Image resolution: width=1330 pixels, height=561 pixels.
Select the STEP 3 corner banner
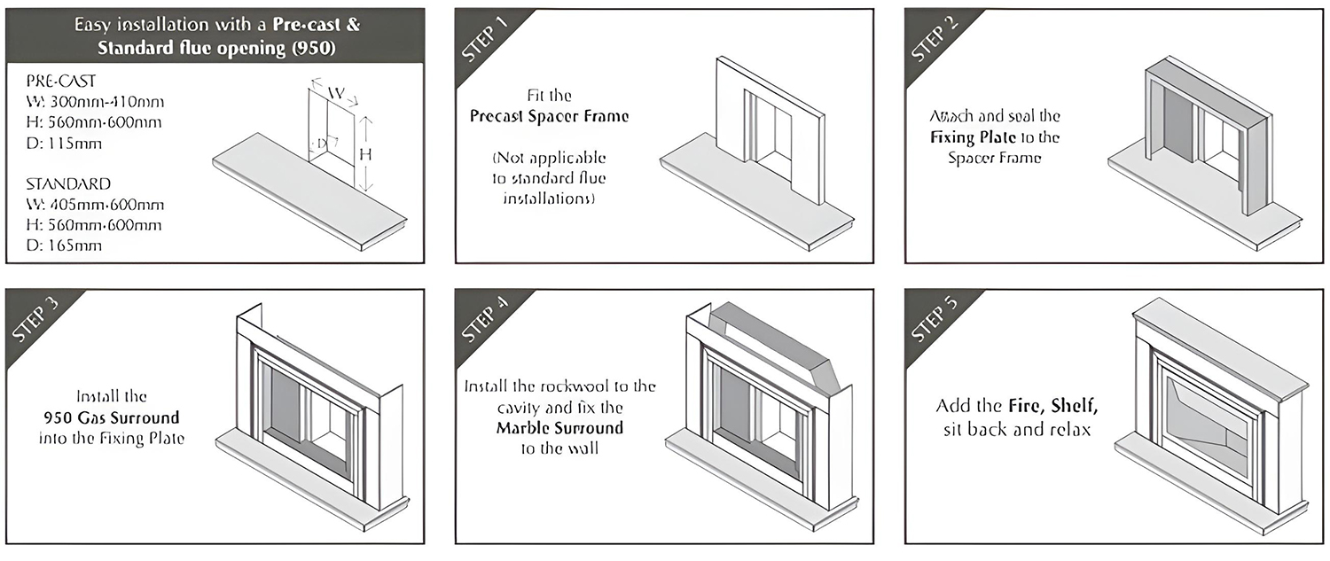coord(35,319)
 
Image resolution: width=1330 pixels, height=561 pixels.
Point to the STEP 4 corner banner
coord(483,319)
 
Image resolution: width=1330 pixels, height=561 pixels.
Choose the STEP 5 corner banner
coord(933,319)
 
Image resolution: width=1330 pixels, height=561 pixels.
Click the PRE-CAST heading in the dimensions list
coord(61,82)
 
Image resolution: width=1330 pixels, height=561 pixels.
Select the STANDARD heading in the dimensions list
coord(68,184)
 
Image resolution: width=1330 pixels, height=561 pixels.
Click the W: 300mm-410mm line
coord(95,102)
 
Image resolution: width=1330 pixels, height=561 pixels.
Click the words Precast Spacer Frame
coord(549,116)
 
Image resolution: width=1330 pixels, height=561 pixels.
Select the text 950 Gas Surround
coord(111,417)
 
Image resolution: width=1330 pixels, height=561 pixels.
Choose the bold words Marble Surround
coord(559,428)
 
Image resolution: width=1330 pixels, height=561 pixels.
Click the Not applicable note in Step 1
coord(549,178)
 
